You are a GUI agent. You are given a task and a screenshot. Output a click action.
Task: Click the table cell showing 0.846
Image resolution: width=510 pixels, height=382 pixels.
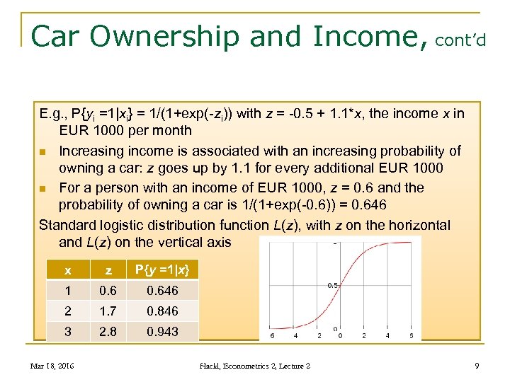162,311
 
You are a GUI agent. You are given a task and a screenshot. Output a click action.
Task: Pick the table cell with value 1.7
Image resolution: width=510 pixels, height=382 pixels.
108,311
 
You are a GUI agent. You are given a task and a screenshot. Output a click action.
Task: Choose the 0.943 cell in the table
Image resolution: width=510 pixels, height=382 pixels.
162,332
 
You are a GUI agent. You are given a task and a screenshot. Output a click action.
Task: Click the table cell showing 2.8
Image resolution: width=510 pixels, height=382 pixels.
108,332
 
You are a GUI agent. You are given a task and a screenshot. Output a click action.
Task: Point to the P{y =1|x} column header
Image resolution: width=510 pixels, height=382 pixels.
162,270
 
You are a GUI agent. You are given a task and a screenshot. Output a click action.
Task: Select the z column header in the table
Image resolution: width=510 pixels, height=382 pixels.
108,270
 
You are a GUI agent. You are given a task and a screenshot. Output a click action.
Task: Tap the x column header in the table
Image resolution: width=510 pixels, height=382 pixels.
67,270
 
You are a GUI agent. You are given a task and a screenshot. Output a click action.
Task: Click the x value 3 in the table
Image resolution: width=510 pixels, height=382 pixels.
67,332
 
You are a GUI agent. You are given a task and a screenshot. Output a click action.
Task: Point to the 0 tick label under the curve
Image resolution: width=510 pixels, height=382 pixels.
340,336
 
